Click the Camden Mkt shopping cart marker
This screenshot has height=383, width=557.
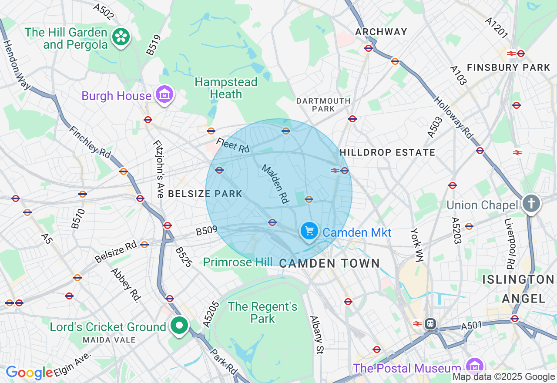click(309, 230)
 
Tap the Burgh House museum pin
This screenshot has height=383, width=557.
click(165, 94)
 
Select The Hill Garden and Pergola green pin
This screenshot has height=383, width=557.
click(121, 37)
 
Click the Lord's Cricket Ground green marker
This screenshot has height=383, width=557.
click(179, 325)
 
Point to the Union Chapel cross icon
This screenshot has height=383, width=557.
click(531, 203)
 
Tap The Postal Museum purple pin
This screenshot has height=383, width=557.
click(474, 366)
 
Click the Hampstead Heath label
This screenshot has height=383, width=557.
click(226, 88)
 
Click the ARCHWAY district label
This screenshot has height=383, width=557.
click(381, 32)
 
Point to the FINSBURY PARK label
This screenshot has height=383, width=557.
click(508, 67)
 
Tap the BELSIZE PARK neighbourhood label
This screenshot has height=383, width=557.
click(205, 194)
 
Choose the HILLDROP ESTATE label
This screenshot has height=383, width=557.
click(387, 152)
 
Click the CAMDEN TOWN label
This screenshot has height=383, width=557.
click(329, 263)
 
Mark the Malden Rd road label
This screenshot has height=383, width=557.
click(275, 184)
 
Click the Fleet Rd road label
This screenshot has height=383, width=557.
click(233, 145)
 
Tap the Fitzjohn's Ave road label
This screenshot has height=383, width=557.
click(158, 169)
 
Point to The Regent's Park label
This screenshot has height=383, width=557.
click(263, 312)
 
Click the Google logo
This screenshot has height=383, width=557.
click(29, 373)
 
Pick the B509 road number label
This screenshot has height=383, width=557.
click(206, 230)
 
